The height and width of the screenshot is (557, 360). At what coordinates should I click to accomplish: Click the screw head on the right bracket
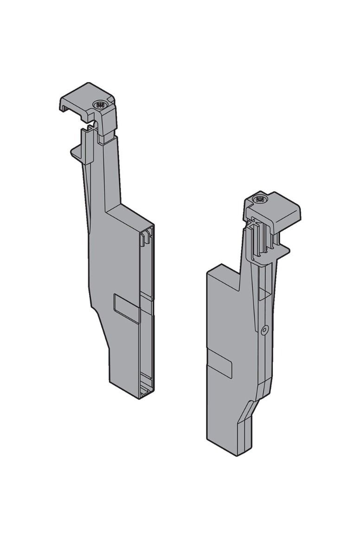pos(259,201)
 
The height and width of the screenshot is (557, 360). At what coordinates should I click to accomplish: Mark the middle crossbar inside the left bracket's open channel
pos(146,297)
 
